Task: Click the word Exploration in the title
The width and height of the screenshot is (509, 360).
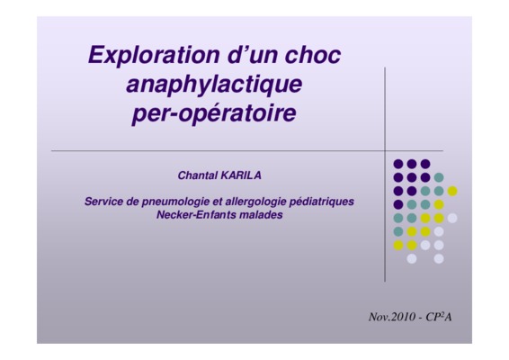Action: (x=154, y=56)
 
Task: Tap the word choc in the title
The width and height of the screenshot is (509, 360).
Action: (x=313, y=55)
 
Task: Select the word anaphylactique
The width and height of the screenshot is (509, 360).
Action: (x=214, y=85)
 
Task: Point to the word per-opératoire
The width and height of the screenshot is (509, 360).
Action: (x=214, y=113)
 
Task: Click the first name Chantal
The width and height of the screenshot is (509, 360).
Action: (x=198, y=175)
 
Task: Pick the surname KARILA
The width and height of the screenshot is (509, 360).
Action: (x=241, y=175)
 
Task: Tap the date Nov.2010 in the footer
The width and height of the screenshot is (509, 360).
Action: (x=392, y=317)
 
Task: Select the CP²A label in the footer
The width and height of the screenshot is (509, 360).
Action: (x=439, y=317)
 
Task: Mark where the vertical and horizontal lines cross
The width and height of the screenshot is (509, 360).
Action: (x=385, y=151)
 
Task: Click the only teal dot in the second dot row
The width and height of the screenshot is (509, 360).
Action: (x=439, y=177)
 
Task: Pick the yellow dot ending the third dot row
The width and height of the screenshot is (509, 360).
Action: (x=452, y=191)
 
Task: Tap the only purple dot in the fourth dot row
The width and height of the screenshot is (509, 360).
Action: (x=398, y=204)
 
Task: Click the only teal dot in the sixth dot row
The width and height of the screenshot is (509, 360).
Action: (x=398, y=231)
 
